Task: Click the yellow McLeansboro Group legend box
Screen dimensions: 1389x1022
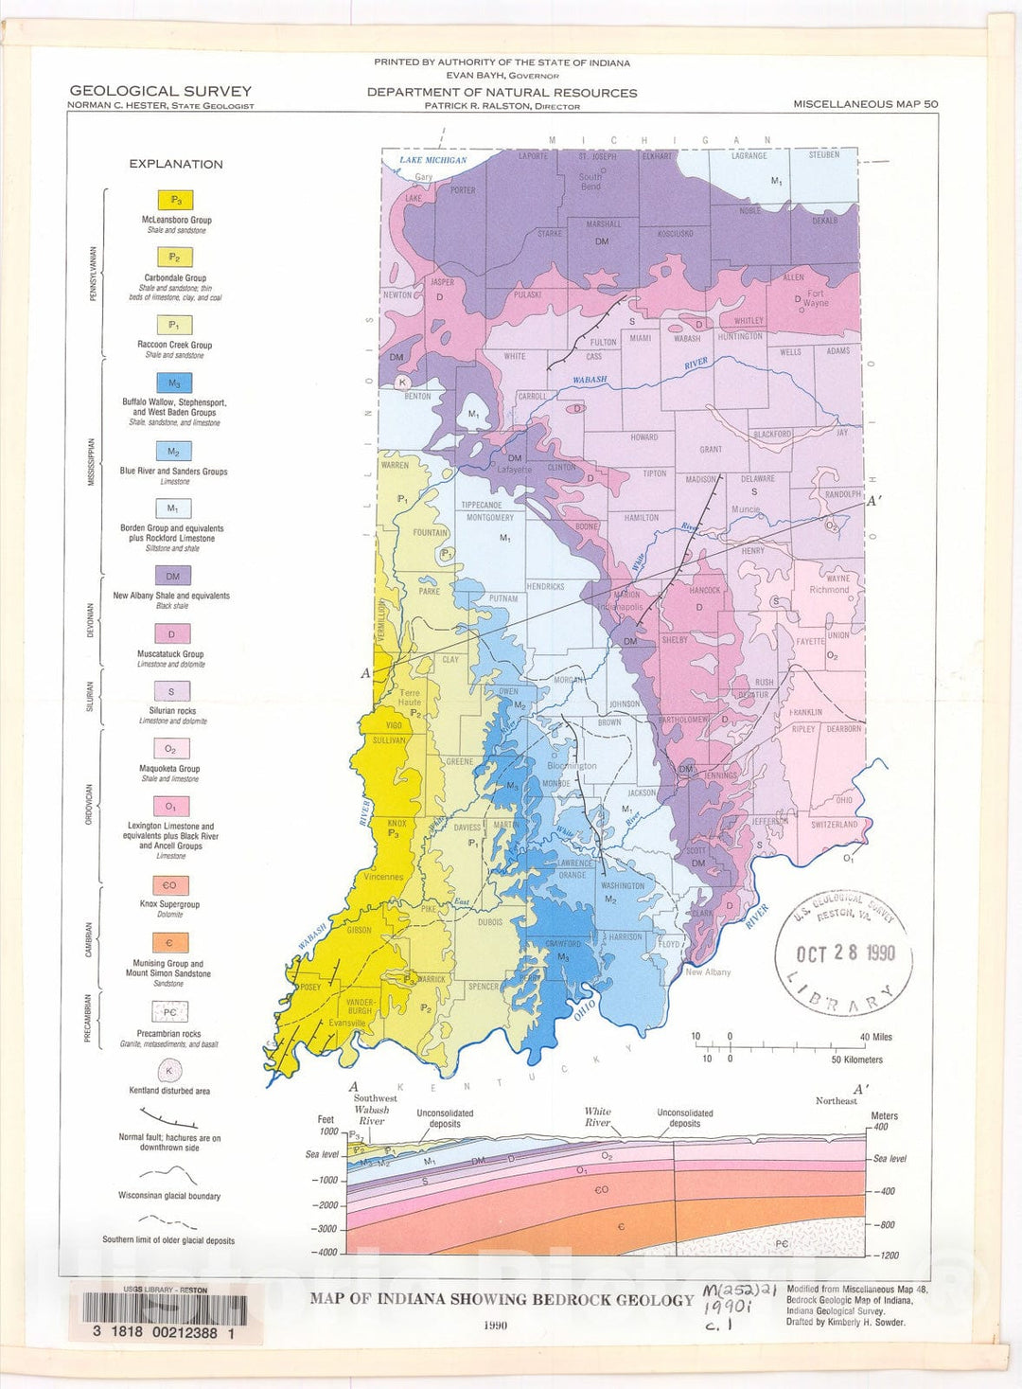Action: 175,200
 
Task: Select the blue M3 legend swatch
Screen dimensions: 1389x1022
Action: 174,383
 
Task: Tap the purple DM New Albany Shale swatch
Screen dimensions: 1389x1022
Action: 173,576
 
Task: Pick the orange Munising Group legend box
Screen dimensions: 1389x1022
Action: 170,943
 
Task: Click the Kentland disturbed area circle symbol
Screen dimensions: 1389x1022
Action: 169,1071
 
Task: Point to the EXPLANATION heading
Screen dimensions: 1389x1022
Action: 176,164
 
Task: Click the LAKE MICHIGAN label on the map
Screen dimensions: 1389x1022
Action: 432,160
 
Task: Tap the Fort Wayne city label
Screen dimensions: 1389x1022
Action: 815,298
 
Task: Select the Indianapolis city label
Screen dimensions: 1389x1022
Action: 621,607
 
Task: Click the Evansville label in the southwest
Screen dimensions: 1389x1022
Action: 347,1024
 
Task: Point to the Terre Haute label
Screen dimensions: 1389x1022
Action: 409,698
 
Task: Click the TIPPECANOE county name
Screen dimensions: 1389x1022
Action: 482,506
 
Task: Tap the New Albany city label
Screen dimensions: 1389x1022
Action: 708,972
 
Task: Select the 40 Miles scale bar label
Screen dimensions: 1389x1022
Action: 875,1037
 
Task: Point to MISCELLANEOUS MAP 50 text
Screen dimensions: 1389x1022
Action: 865,104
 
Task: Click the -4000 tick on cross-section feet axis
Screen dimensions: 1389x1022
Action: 325,1253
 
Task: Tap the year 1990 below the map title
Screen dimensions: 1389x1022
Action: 495,1326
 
